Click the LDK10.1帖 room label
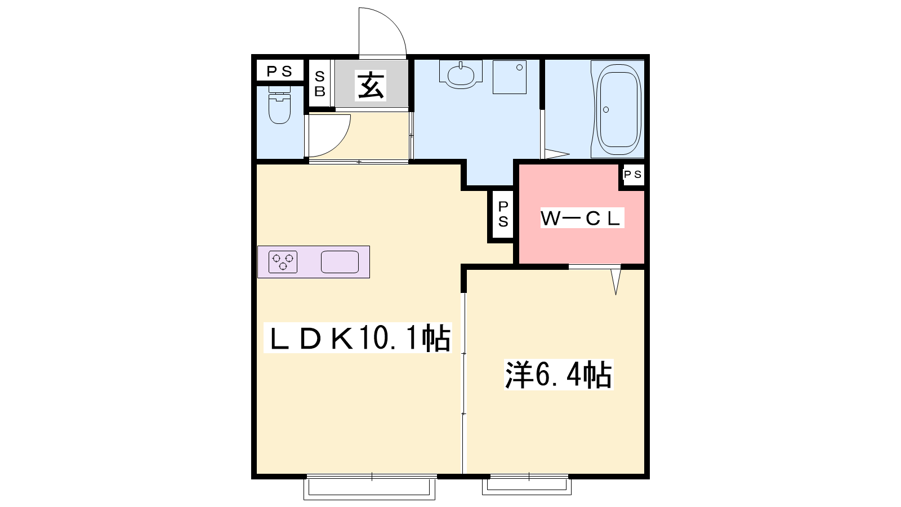[358, 338]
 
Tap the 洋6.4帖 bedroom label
[559, 375]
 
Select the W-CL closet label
[582, 218]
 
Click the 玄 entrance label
[371, 85]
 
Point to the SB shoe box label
[320, 84]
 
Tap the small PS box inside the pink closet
[633, 174]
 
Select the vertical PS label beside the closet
[503, 214]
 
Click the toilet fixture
[279, 105]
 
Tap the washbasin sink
[461, 74]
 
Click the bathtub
[619, 109]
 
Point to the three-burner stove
[283, 262]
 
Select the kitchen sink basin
[340, 262]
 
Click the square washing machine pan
[510, 77]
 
